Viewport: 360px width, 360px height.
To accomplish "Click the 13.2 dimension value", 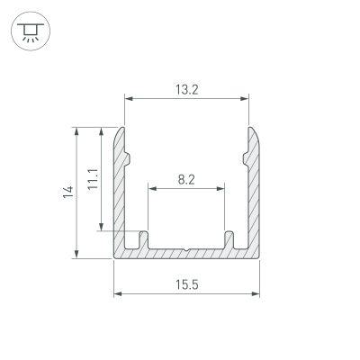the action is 186,90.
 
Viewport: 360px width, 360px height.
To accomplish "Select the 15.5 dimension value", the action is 186,284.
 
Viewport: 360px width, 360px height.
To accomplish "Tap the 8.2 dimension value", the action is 186,180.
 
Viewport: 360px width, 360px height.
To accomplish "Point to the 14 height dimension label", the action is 68,192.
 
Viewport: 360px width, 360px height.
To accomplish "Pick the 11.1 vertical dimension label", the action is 93,179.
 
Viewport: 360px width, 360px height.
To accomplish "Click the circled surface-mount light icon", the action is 31,31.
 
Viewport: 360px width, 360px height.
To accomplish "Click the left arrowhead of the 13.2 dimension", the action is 129,98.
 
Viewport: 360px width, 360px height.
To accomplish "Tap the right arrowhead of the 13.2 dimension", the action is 245,98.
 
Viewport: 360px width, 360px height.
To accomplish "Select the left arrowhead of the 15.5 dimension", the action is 118,293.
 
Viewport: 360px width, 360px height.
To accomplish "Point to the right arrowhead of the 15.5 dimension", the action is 256,293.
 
